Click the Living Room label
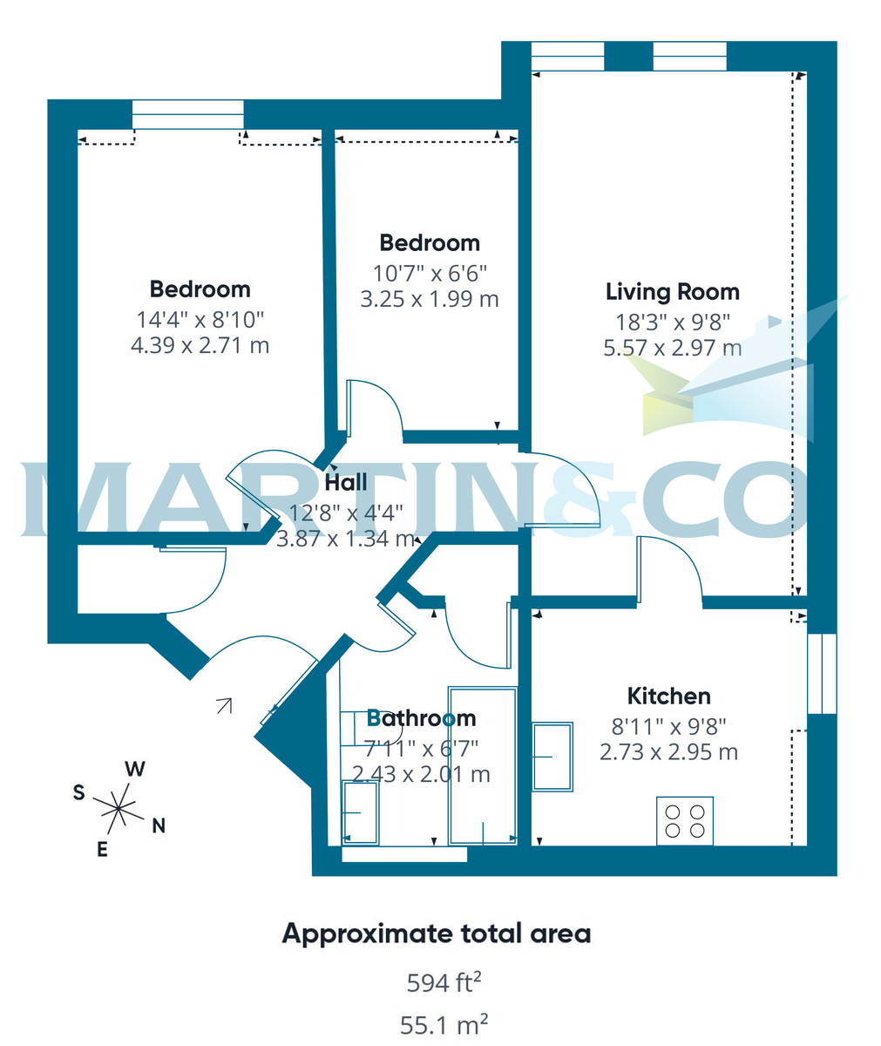tap(672, 292)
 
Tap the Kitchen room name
tap(668, 696)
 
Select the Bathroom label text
tap(421, 718)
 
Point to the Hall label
tap(346, 482)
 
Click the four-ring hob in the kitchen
tap(684, 820)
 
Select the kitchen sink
tap(552, 756)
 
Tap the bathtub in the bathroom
tap(482, 765)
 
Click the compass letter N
tap(159, 826)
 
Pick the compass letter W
tap(135, 769)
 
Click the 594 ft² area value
tap(444, 983)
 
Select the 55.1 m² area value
tap(444, 1024)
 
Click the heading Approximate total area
tap(437, 934)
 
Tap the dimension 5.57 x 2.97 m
tap(672, 348)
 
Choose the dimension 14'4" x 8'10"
tap(200, 319)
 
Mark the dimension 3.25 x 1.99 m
tap(430, 299)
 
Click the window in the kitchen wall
tap(822, 673)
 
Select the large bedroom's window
tap(188, 114)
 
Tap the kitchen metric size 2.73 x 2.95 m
tap(668, 751)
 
